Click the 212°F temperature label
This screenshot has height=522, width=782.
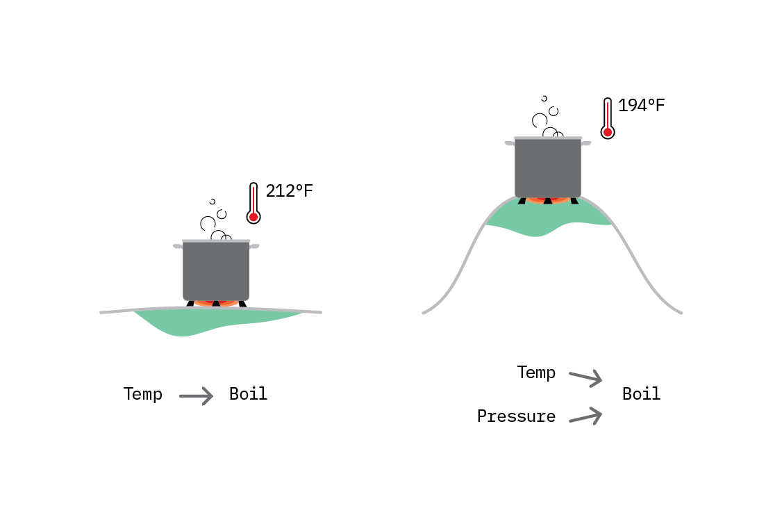[x=290, y=191]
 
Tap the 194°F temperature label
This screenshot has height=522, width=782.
[x=641, y=106]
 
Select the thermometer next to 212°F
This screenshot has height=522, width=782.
[x=253, y=203]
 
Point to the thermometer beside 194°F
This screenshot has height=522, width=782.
[x=608, y=118]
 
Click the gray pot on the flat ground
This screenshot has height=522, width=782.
[x=216, y=270]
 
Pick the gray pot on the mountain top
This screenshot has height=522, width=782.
[x=547, y=168]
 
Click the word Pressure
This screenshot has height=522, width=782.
[x=516, y=416]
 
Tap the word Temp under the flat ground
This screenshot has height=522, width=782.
[x=142, y=394]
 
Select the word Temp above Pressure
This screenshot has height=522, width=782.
[x=536, y=373]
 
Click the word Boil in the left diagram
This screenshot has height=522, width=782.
[x=249, y=393]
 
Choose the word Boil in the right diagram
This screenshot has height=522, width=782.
[x=641, y=393]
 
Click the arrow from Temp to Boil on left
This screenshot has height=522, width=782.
[x=196, y=396]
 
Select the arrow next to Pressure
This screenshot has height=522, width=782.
[x=586, y=416]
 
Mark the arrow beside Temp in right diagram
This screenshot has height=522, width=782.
[x=586, y=378]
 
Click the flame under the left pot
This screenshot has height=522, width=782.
[x=216, y=303]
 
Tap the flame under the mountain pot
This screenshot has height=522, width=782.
[x=547, y=201]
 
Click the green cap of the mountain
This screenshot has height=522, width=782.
[x=547, y=217]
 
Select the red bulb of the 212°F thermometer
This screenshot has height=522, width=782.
[x=253, y=217]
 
